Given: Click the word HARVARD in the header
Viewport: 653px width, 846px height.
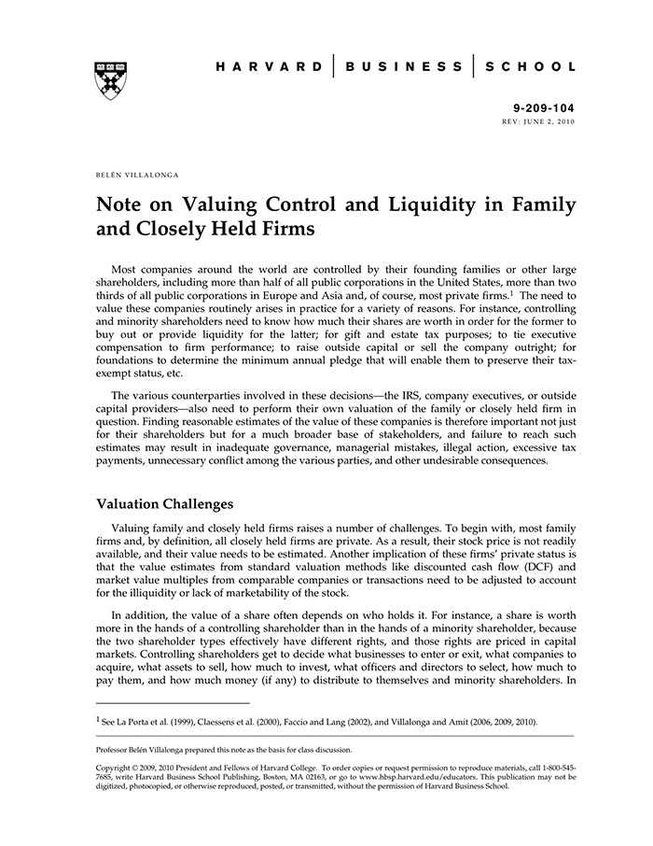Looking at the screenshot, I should (270, 66).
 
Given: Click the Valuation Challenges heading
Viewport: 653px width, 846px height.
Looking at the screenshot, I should (165, 504).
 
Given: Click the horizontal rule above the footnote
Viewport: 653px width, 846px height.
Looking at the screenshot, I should (173, 703).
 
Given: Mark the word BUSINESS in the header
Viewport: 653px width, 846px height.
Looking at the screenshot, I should (403, 66).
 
